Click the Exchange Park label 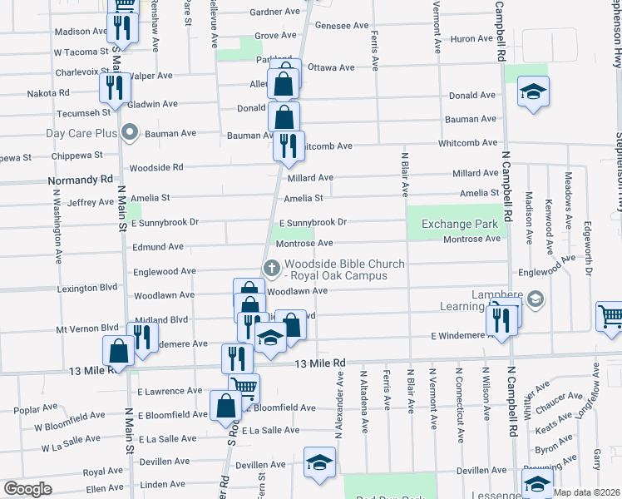coord(459,224)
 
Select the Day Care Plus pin coord(129,132)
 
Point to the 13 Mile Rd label coord(320,363)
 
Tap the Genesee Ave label coord(341,26)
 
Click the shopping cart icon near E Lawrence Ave coord(244,388)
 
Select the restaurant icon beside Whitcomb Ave coord(289,146)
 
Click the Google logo coord(27,489)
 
